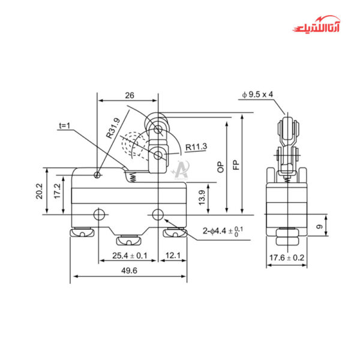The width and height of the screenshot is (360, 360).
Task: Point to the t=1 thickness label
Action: click(x=65, y=127)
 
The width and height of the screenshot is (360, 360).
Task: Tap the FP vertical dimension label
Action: click(x=236, y=163)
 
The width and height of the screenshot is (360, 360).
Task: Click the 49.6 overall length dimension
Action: click(x=128, y=271)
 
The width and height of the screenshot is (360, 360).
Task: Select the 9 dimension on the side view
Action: click(x=334, y=227)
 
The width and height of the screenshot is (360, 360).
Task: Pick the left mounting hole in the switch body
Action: click(x=100, y=214)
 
